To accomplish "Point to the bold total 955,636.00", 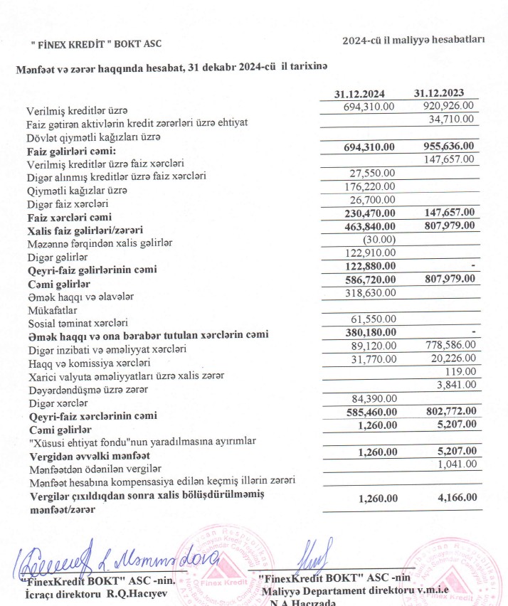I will (443, 147).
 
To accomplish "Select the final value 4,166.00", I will (448, 499).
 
